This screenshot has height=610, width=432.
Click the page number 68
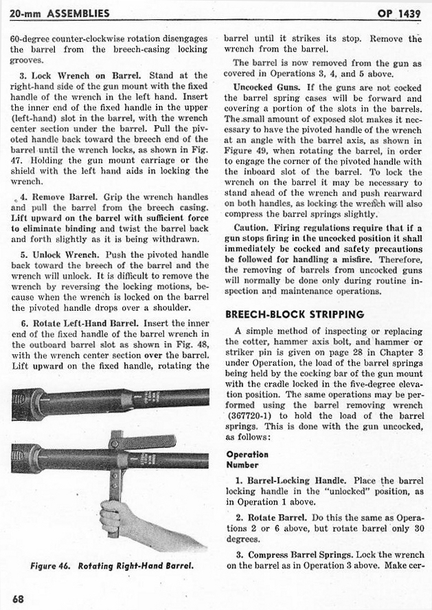click(x=18, y=598)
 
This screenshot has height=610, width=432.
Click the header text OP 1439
click(x=398, y=14)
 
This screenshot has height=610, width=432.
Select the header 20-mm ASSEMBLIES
click(x=60, y=13)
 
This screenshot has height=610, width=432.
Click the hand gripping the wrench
click(x=115, y=516)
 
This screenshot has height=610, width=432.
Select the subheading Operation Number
click(x=247, y=459)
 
